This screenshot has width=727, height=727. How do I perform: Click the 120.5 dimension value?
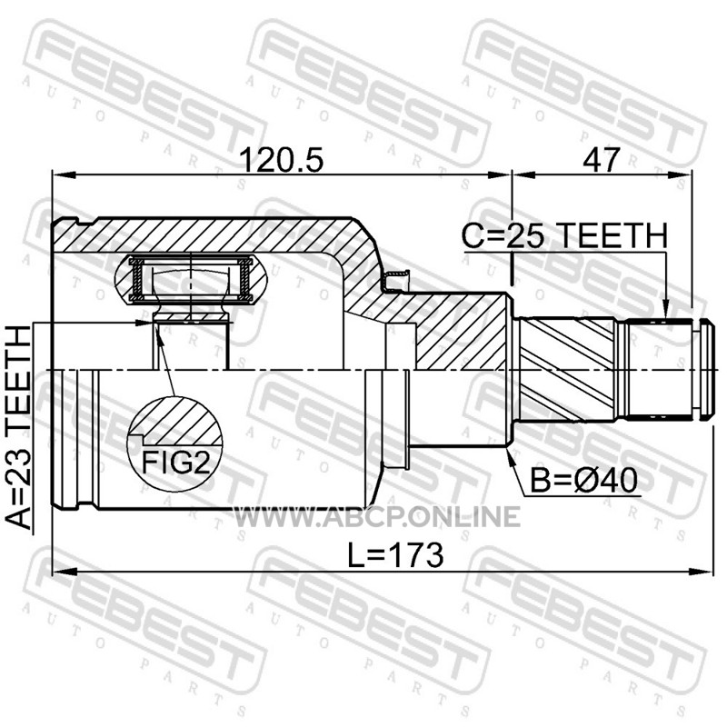283,160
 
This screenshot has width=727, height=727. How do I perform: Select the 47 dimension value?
601,160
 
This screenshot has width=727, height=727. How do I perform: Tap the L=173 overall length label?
395,555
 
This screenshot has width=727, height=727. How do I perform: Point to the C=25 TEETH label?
564,235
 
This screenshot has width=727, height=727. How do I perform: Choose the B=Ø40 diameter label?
583,481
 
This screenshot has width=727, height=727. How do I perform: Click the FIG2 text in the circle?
175,462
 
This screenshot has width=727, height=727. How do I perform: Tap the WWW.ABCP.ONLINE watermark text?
376,516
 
